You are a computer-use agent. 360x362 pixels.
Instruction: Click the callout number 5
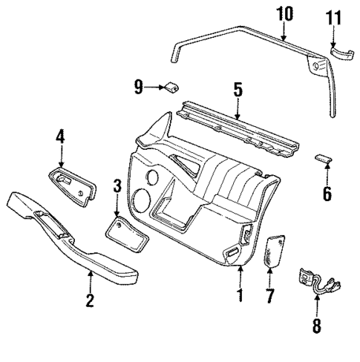tap(238, 89)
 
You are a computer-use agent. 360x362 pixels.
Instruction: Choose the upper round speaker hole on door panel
tap(153, 179)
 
